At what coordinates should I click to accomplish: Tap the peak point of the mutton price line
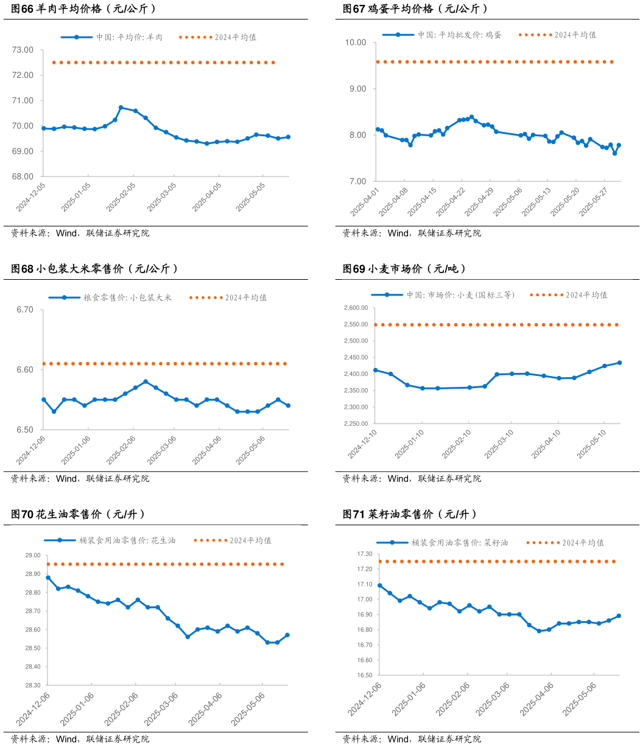pyautogui.click(x=121, y=108)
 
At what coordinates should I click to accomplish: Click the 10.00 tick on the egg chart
pyautogui.click(x=356, y=43)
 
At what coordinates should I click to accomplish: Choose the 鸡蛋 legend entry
pyautogui.click(x=460, y=35)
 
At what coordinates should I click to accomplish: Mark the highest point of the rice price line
pyautogui.click(x=146, y=381)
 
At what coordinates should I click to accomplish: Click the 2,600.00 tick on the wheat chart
pyautogui.click(x=355, y=308)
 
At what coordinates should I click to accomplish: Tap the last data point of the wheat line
pyautogui.click(x=619, y=363)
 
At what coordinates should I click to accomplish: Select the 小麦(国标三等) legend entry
pyautogui.click(x=461, y=295)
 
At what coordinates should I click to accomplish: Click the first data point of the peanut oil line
pyautogui.click(x=48, y=577)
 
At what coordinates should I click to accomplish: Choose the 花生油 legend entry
pyautogui.click(x=127, y=540)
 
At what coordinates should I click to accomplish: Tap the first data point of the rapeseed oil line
pyautogui.click(x=380, y=585)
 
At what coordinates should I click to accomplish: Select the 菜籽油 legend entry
pyautogui.click(x=460, y=542)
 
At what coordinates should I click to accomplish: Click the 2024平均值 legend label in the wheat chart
pyautogui.click(x=586, y=295)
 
